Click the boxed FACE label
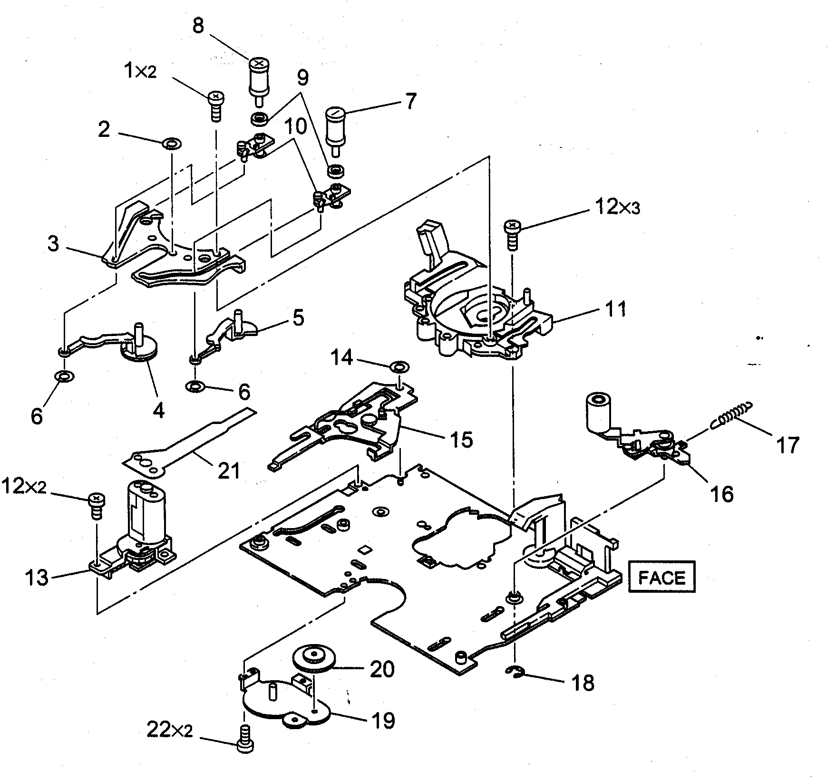(662, 577)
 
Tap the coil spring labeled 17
(732, 413)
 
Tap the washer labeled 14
(398, 366)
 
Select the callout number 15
(461, 440)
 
